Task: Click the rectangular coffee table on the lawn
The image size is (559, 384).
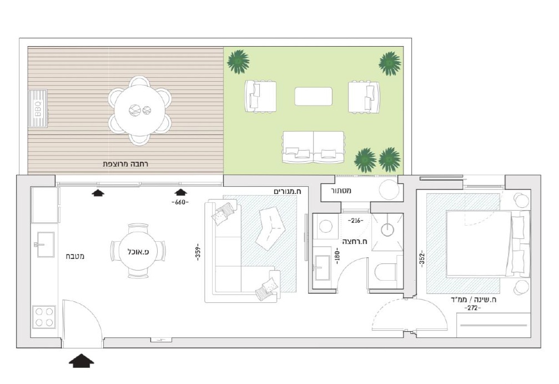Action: point(314,96)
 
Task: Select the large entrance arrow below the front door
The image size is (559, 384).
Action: point(82,361)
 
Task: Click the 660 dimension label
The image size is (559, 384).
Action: point(180,202)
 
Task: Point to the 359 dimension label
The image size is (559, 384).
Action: point(198,252)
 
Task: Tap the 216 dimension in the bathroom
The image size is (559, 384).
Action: point(355,221)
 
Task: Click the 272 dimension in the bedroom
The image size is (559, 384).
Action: point(472,308)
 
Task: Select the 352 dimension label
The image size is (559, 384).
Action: point(422,259)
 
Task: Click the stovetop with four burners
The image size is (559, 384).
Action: point(44,317)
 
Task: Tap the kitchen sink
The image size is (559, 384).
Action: point(44,245)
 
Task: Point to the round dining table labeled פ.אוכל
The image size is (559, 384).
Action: point(138,251)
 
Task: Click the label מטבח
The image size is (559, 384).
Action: point(75,256)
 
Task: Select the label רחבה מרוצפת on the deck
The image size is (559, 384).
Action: point(125,164)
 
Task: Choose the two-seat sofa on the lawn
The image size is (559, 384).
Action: point(314,147)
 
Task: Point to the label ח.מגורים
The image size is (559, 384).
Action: point(288,192)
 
